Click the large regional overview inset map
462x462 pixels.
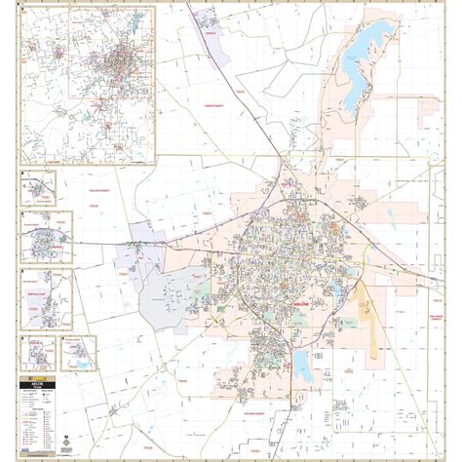(x=88, y=86)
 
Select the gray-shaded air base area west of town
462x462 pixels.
(x=168, y=301)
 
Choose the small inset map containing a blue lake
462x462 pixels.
(x=80, y=353)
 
